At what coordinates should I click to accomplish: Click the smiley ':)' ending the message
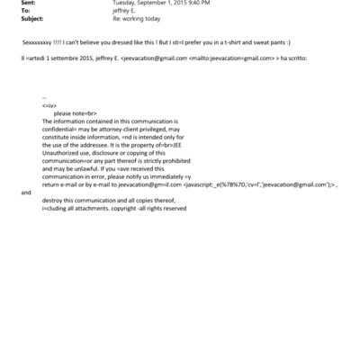pyautogui.click(x=287, y=42)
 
